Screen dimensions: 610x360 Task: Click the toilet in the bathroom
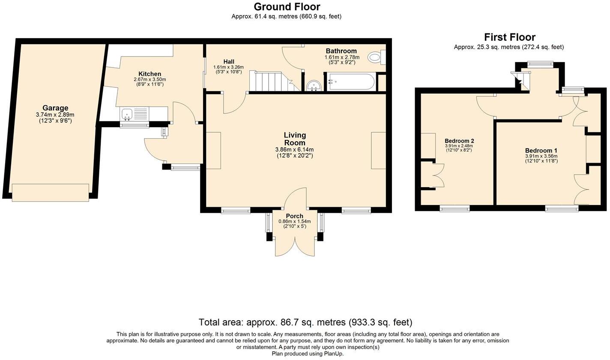coord(377,57)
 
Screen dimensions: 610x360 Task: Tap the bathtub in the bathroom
coord(351,82)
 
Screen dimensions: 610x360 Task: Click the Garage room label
coord(55,108)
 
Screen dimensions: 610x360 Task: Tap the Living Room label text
coord(295,139)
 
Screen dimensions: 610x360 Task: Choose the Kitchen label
coord(150,74)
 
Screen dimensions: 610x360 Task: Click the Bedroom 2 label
coord(459,141)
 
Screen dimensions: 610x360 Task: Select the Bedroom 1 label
coord(541,151)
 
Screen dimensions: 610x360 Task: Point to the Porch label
coord(294,216)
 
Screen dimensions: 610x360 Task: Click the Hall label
coord(229,62)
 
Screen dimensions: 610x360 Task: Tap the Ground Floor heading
coord(287,6)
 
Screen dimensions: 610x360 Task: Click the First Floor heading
coord(510,37)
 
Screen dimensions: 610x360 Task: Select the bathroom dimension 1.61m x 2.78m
coord(342,57)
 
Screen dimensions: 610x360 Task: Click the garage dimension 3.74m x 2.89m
coord(55,115)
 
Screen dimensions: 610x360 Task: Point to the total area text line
coord(305,322)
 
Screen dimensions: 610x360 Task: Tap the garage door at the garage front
coord(51,193)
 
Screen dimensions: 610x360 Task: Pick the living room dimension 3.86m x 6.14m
coord(295,150)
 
